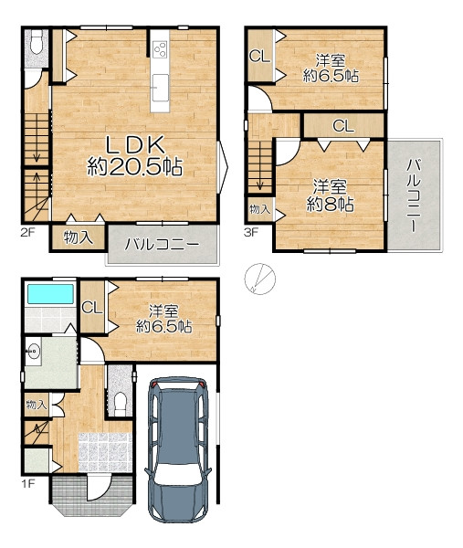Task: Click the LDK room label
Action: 135,144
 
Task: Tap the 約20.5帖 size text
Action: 135,166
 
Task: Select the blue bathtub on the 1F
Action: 50,294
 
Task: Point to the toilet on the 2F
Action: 36,42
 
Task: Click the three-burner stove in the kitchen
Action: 161,49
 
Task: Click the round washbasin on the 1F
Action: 34,351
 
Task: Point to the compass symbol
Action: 259,279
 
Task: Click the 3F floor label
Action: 251,232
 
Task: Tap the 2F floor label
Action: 27,232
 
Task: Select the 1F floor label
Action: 28,484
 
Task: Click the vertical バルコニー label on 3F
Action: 414,195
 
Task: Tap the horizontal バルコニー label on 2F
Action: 163,244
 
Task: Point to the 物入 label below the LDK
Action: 79,238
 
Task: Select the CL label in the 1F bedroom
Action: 92,308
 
